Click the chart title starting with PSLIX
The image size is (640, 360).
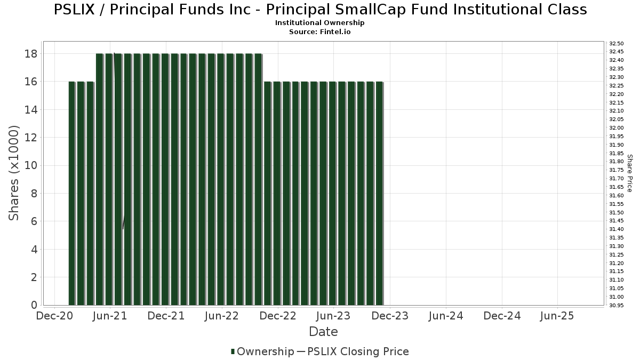coord(320,10)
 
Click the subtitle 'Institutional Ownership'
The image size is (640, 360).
coord(320,23)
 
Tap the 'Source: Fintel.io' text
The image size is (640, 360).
coord(320,32)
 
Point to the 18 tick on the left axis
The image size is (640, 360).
coord(30,54)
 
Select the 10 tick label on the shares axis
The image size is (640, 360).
coord(30,165)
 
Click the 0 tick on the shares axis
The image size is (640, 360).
coord(34,305)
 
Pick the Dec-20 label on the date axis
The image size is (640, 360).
coord(54,316)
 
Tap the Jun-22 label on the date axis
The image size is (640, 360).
coord(222,316)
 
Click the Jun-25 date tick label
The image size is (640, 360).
coord(557,316)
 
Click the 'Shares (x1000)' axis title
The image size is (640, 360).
coord(14,173)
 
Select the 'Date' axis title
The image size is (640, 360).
coord(323,332)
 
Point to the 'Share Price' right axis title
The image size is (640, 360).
coord(629,173)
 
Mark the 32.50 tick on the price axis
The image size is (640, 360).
coord(617,43)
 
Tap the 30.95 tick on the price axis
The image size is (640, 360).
coord(617,305)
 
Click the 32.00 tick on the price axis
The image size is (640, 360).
coord(617,128)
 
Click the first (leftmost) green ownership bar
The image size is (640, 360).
coord(72,193)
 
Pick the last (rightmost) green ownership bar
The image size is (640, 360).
coord(379,193)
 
